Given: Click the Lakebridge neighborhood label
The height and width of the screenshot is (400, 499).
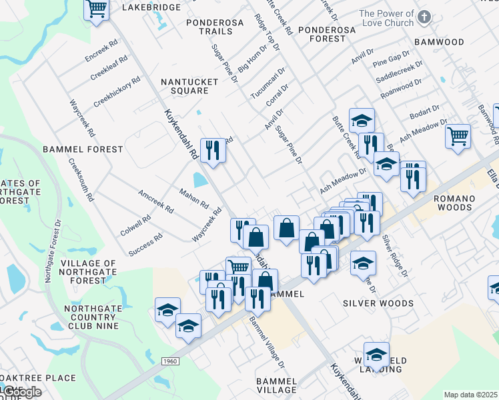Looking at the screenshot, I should pyautogui.click(x=153, y=7).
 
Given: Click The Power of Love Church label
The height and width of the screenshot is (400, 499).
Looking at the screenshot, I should pyautogui.click(x=386, y=18).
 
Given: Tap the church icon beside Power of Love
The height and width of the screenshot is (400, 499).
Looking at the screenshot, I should pyautogui.click(x=423, y=18).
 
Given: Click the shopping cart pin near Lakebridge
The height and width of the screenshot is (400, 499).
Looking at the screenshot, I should pyautogui.click(x=97, y=9).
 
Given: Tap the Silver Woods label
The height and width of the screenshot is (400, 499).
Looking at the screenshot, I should pyautogui.click(x=378, y=303).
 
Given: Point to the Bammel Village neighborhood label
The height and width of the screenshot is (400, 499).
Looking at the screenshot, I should pyautogui.click(x=276, y=385).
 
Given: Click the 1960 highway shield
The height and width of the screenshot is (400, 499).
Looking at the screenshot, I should pyautogui.click(x=170, y=361).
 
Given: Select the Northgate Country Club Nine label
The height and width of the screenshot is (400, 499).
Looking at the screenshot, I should pyautogui.click(x=92, y=317).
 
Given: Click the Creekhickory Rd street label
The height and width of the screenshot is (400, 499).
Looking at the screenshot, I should pyautogui.click(x=117, y=92).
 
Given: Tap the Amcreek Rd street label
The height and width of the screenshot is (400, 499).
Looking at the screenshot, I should pyautogui.click(x=155, y=201).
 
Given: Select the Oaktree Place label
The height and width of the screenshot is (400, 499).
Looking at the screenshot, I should pyautogui.click(x=38, y=378).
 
